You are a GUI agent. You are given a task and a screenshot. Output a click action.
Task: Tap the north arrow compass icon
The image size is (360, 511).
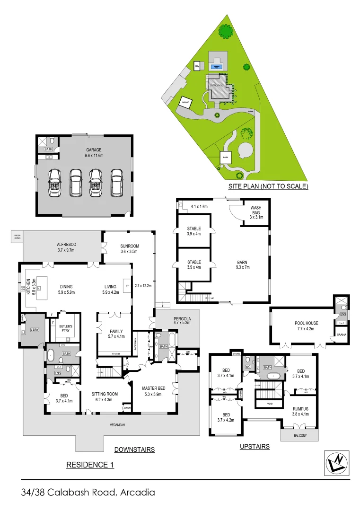click(337, 462)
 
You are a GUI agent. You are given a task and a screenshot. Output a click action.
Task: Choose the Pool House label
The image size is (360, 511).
click(307, 323)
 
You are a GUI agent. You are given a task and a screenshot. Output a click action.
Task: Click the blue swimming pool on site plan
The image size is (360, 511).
click(217, 67)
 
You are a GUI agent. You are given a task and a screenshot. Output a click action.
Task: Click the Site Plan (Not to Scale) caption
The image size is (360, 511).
click(268, 186)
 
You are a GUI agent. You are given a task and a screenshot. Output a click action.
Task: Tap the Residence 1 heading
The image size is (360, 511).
click(90, 465)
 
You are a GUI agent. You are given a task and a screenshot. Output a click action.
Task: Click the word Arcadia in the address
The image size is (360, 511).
click(138, 493)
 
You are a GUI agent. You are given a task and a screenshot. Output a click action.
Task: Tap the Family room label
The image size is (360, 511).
click(116, 331)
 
